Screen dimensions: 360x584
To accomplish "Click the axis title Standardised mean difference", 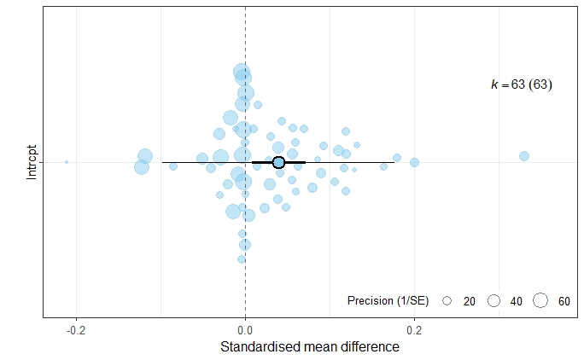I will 310,347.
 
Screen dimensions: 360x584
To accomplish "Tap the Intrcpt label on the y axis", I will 32,161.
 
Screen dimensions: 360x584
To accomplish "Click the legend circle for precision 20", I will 447,301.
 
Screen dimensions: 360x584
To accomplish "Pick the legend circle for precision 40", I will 493,301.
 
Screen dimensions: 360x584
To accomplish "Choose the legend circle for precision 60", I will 540,301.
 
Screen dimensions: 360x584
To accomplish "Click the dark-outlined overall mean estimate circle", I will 278,162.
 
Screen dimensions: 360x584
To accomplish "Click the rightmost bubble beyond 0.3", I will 524,156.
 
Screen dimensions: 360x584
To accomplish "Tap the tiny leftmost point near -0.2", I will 67,162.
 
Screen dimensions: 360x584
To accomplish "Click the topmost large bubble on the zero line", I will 242,73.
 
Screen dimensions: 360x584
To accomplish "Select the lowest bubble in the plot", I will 242,259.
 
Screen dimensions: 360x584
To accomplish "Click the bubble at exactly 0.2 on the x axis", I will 415,162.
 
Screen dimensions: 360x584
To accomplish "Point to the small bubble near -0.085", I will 173,166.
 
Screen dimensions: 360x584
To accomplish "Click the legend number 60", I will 564,301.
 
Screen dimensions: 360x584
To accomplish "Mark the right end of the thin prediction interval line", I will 394,162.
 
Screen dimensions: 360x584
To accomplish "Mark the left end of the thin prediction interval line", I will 162,162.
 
